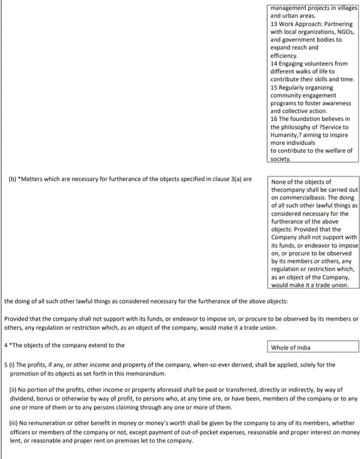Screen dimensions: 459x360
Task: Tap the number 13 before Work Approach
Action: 274,24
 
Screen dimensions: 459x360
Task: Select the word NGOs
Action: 347,32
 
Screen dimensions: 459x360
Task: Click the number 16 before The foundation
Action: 274,119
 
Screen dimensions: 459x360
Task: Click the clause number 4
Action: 5,345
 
